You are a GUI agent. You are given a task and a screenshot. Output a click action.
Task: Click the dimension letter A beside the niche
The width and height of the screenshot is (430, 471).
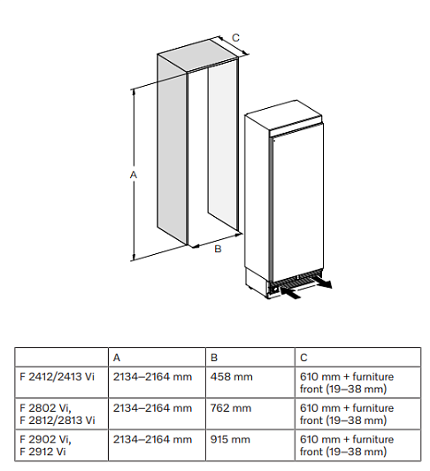click(134, 174)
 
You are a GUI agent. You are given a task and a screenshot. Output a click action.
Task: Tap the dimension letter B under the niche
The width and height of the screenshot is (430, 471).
click(218, 249)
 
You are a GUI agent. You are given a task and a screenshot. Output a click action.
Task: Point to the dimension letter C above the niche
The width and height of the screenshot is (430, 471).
click(235, 37)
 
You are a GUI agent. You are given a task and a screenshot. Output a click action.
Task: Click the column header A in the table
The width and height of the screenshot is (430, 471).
click(117, 358)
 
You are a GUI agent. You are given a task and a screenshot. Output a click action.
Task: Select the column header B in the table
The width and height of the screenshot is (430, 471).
click(214, 358)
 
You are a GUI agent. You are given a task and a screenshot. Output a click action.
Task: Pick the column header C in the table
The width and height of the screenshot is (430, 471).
click(303, 358)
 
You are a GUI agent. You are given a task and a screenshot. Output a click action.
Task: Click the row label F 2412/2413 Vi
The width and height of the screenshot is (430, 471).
click(57, 376)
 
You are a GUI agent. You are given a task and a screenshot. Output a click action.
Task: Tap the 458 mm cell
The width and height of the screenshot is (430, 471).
click(231, 376)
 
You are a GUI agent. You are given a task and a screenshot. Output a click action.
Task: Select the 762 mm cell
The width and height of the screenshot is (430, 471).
click(231, 408)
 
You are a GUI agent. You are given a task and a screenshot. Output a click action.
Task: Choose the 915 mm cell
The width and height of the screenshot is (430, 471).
click(230, 439)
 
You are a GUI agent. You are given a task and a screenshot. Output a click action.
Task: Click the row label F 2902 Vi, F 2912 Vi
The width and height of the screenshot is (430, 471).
click(45, 445)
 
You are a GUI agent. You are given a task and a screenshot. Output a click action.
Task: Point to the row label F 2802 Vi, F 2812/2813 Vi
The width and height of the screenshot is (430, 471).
click(58, 414)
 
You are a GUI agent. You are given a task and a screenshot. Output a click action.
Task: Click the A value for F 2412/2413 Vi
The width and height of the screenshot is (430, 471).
click(152, 376)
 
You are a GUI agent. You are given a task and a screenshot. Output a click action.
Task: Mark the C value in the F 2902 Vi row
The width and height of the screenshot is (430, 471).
click(347, 445)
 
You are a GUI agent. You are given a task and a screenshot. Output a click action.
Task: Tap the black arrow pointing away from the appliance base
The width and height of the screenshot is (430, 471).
click(322, 282)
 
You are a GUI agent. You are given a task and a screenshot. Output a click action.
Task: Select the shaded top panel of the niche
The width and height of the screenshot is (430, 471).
click(197, 56)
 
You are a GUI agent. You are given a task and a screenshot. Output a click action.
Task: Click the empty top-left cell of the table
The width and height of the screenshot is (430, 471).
click(61, 357)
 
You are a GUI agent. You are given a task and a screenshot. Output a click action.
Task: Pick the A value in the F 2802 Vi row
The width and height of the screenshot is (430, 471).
click(152, 408)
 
